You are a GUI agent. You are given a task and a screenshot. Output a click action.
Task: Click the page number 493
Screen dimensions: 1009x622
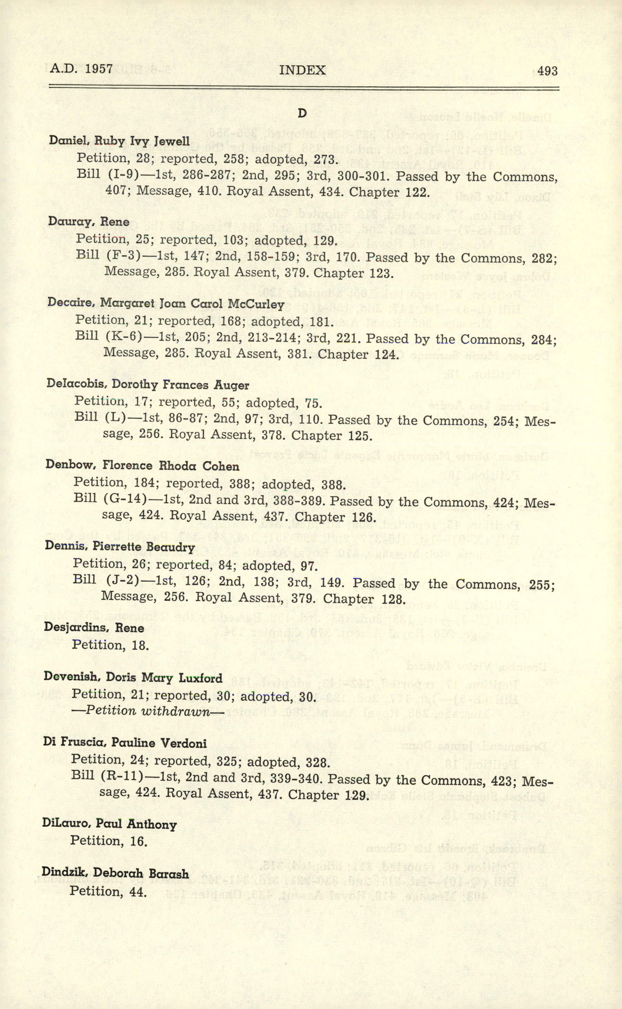[547, 72]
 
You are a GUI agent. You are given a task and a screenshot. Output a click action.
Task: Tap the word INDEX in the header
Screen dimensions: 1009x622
[302, 70]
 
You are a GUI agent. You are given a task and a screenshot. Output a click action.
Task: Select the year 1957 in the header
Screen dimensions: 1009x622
[99, 68]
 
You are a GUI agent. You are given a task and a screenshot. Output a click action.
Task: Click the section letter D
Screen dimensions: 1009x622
[302, 114]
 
